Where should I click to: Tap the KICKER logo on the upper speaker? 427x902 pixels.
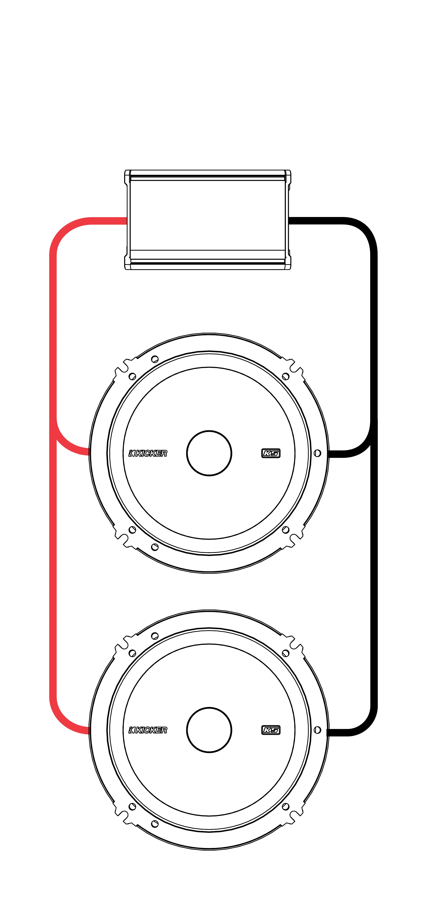pos(148,453)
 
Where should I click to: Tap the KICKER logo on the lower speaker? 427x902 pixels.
pos(148,730)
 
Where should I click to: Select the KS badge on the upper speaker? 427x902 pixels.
pos(271,453)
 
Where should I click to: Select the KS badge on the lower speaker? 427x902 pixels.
pos(271,730)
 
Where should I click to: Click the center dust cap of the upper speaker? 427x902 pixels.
pos(209,453)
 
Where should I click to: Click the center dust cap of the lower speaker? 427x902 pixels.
pos(209,730)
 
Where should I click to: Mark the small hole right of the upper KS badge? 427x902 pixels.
pos(317,453)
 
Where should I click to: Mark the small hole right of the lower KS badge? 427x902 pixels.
pos(317,730)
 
